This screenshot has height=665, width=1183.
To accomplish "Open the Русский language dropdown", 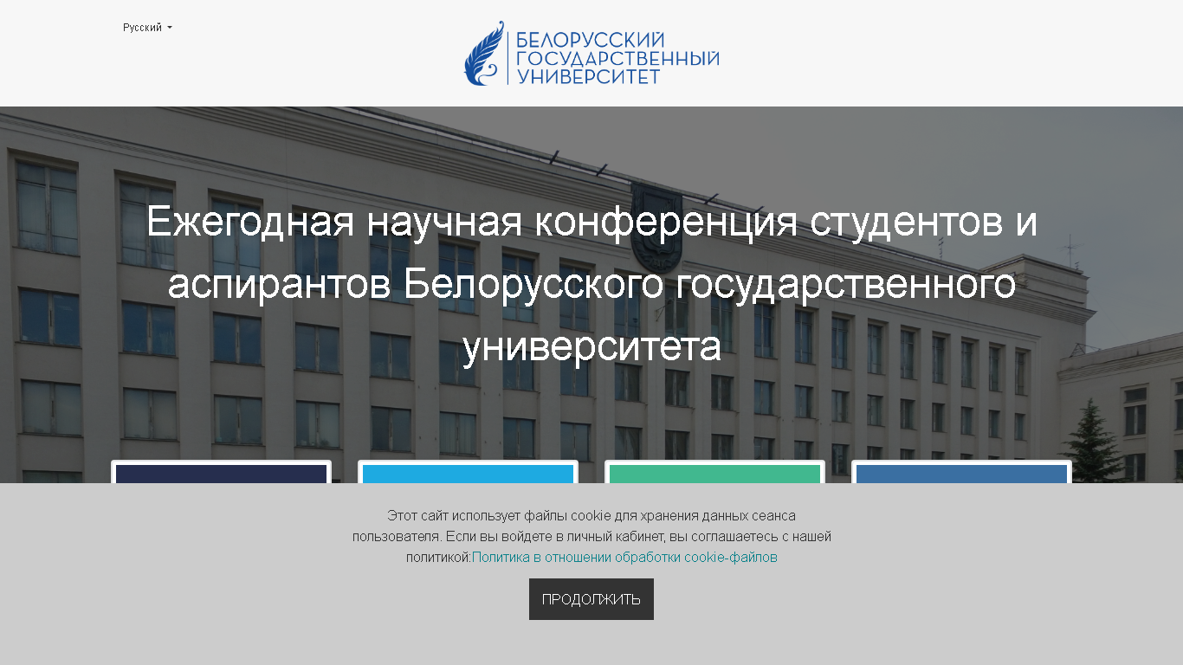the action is (147, 28).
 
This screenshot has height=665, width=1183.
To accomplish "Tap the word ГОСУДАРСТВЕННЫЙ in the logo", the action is (617, 59).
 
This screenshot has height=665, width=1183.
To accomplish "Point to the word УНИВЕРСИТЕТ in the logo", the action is (588, 77).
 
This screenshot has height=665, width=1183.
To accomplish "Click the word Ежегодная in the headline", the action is (249, 222).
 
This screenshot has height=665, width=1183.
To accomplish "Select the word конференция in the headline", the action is (665, 222).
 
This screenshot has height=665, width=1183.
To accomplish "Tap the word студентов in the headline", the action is (906, 222).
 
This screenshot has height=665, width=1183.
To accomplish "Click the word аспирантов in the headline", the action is (279, 284).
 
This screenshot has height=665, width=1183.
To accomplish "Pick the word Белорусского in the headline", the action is (533, 284).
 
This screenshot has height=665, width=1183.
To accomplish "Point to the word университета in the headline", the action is (591, 346).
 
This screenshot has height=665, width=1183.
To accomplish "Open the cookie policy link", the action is (624, 558).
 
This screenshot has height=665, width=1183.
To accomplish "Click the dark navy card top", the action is (222, 474).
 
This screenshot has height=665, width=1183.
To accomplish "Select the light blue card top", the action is (468, 474).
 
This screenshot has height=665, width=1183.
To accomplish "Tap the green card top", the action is (714, 474).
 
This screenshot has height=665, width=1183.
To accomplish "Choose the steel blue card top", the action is (961, 474).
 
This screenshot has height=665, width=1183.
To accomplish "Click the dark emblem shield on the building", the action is (656, 227).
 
